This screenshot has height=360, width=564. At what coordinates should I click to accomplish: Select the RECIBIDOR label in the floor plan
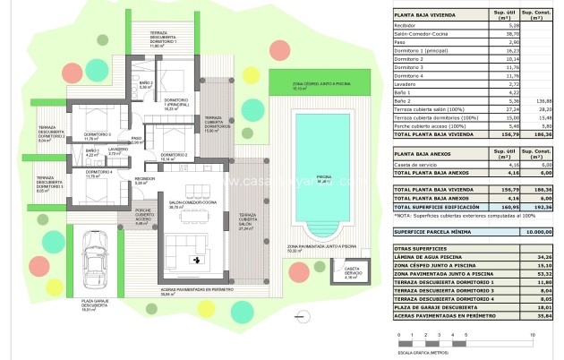[x=145, y=181]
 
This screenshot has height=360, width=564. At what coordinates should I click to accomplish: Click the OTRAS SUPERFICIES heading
[x=423, y=247]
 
